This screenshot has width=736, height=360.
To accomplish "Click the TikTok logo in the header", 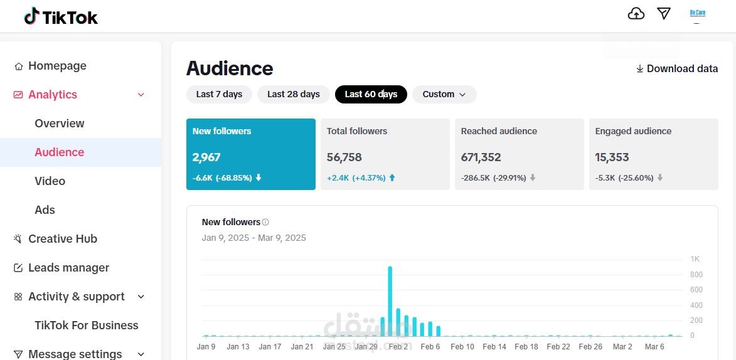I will (x=61, y=17).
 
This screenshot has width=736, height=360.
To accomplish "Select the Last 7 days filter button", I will (x=219, y=94).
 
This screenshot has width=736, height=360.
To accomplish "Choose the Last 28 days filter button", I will (x=293, y=94).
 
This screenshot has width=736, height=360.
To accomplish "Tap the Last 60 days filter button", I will (x=371, y=94).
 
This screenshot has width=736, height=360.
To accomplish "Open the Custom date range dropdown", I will (x=444, y=94).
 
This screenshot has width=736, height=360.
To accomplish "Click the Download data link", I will (x=677, y=69).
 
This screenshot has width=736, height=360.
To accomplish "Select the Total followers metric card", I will (x=385, y=154).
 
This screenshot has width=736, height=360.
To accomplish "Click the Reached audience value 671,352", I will (x=481, y=157).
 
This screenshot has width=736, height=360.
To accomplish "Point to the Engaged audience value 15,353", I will (x=612, y=157).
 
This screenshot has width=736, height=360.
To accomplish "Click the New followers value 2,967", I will (x=206, y=157).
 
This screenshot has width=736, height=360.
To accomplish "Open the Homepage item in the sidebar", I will (x=57, y=66).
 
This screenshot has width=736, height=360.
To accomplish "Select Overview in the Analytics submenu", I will (x=60, y=124).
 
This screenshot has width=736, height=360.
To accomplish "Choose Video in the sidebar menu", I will (x=50, y=181).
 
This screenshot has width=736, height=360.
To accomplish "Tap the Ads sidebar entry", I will (x=45, y=210).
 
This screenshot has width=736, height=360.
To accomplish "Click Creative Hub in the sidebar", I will (x=63, y=239).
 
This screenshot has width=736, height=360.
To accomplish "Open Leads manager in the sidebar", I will (x=68, y=268).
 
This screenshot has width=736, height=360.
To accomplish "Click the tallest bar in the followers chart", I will (x=390, y=301).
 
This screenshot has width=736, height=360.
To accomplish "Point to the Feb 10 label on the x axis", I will (x=462, y=347).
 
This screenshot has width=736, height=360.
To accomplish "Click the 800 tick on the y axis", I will (x=696, y=275).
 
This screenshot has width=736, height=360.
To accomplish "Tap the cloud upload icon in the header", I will (x=636, y=14).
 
